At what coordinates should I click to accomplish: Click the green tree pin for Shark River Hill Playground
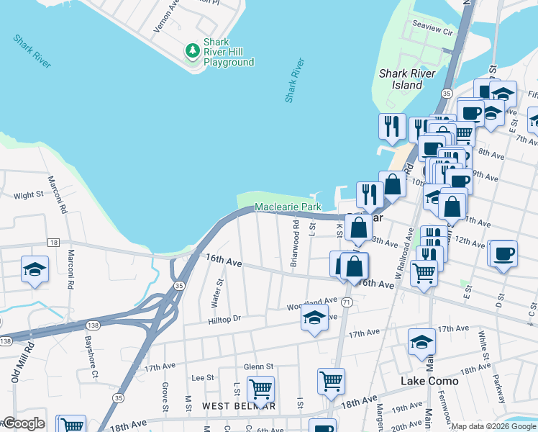pos(192,50)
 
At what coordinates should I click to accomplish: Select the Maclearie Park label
pos(288,207)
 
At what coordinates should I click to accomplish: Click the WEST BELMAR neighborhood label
pos(238,406)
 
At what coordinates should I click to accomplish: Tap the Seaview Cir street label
pos(432,32)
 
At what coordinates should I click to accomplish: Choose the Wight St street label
pos(29,195)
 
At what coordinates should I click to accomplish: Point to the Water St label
pos(212,292)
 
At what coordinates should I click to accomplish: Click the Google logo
pos(24,424)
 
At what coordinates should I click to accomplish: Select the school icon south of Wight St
pos(35,269)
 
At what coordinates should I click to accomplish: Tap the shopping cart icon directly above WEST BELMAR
pos(260,389)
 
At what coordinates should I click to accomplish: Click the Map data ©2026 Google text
pos(493,426)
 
